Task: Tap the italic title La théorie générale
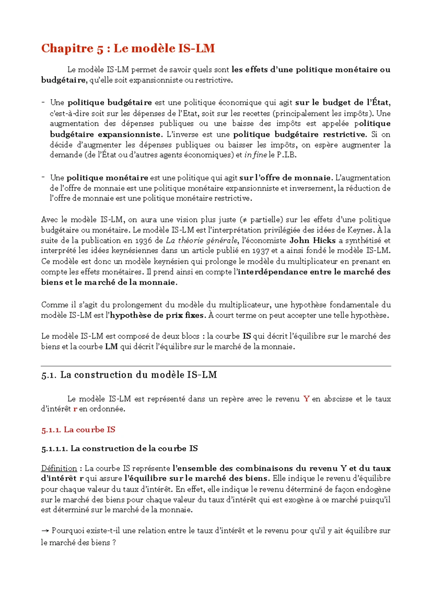202,241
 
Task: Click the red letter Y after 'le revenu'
306,399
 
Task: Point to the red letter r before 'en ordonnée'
75,409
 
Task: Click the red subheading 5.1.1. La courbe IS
78,430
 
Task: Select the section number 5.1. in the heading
49,375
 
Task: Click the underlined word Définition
59,469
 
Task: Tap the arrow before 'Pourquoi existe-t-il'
45,531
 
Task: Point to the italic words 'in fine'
256,155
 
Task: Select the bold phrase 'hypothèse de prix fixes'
158,316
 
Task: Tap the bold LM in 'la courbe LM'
111,347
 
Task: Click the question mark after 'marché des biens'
114,543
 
